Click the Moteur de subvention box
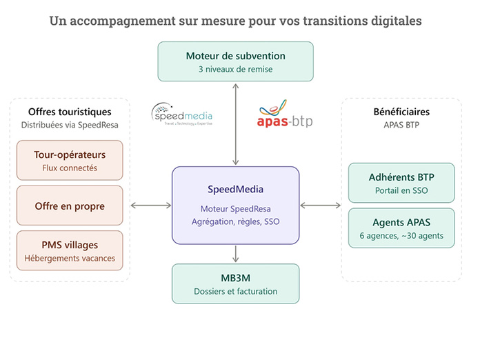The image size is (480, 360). pos(235,61)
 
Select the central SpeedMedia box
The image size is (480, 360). pos(235,206)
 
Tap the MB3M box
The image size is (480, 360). pos(235,283)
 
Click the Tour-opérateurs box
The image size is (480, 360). pos(70,160)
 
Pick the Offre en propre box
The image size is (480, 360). pos(70,206)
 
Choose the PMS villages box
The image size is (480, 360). pos(70,250)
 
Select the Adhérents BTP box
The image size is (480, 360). pos(401,183)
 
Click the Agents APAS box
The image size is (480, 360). pos(401,228)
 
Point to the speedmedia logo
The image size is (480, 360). pos(182,114)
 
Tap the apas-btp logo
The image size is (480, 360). pos(285,113)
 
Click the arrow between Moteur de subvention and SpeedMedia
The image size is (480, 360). pos(235,124)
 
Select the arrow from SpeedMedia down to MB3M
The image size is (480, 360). pos(235,254)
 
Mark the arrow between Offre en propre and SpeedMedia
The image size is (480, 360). pos(151,206)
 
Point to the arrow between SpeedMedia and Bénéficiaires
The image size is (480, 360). pos(321,206)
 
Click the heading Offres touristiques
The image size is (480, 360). pos(70,112)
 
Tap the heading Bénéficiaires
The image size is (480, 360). pos(401,112)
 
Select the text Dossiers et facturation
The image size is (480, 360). pos(235,292)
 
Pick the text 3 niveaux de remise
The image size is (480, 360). pos(235,69)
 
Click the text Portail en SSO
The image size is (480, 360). pos(401,191)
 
